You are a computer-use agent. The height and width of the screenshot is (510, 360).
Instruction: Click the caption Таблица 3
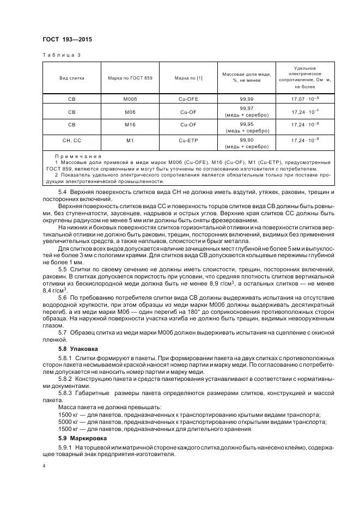click(62, 56)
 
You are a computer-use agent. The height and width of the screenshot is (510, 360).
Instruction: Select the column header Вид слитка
click(72, 78)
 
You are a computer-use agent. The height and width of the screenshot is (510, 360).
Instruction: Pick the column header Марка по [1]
click(188, 78)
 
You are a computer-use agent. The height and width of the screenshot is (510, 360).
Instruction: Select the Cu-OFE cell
click(188, 100)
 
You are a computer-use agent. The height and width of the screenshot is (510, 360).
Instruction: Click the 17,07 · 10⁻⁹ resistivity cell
click(305, 100)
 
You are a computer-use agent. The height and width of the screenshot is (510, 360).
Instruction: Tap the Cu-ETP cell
click(188, 141)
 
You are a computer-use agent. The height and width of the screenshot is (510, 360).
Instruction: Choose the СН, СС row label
click(72, 141)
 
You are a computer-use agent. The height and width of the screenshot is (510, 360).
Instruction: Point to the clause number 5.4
click(63, 193)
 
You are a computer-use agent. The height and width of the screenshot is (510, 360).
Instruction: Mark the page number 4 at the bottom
click(44, 467)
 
